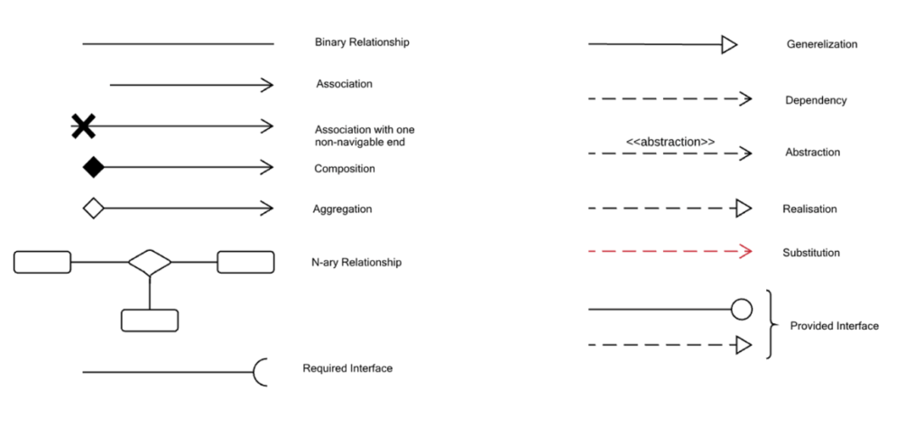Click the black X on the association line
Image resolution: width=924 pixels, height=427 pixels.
[x=83, y=126]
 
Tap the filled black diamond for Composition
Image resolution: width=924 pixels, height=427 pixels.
[x=94, y=168]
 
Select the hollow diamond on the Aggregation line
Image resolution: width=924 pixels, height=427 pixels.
[x=94, y=209]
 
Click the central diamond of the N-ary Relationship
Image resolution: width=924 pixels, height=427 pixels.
[x=150, y=263]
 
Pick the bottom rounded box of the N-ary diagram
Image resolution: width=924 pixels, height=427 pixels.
[x=150, y=320]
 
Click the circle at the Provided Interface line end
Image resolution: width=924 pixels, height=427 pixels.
[x=742, y=310]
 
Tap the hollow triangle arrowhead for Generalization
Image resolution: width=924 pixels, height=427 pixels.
[x=729, y=44]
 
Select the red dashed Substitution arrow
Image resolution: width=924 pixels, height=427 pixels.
[x=670, y=252]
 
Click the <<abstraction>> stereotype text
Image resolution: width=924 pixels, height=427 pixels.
[x=670, y=142]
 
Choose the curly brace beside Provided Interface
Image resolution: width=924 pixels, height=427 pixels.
[x=769, y=325]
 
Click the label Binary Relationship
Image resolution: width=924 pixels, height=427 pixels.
[x=362, y=42]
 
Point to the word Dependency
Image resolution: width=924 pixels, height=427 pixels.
[x=816, y=100]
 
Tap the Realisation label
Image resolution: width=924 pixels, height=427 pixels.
[x=809, y=209]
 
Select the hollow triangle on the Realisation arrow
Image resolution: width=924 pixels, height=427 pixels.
[x=744, y=209]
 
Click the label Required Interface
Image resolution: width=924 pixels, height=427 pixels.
[x=347, y=368]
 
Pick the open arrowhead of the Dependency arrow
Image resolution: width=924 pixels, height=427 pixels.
[x=746, y=99]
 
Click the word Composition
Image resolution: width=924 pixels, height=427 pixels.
[x=345, y=169]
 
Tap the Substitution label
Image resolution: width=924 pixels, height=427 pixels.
[x=811, y=253]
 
